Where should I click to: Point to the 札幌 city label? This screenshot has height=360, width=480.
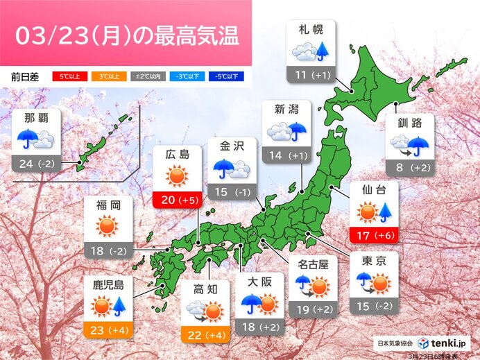click(310, 29)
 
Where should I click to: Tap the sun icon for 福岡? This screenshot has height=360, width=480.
click(107, 226)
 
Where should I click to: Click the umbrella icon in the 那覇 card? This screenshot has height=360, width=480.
click(27, 139)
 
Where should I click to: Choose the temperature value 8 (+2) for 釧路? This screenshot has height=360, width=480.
click(411, 166)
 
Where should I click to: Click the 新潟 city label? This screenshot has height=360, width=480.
click(286, 110)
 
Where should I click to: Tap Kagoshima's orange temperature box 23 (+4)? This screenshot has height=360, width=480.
click(107, 330)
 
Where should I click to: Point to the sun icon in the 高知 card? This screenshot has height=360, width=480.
click(213, 311)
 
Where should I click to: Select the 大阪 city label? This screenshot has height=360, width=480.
click(259, 282)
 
